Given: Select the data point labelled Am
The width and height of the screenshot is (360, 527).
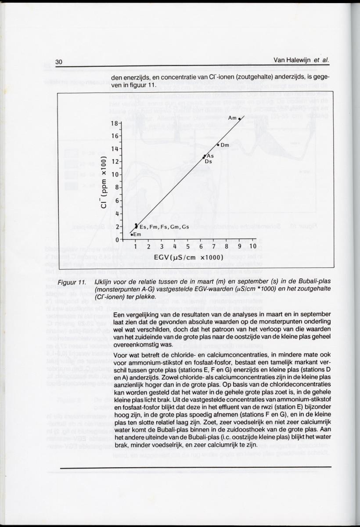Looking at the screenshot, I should [239, 119].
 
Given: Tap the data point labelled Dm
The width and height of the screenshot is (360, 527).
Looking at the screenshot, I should [218, 144].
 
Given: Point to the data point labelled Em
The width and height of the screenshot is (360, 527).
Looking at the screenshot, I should [132, 235].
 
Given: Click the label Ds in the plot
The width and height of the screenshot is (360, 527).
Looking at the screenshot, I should [209, 162].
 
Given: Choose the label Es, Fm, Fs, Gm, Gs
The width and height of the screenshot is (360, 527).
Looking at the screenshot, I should [164, 227].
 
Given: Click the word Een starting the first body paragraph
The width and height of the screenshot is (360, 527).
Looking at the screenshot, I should [119, 315].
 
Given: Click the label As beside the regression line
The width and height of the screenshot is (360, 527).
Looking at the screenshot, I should [210, 156].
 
